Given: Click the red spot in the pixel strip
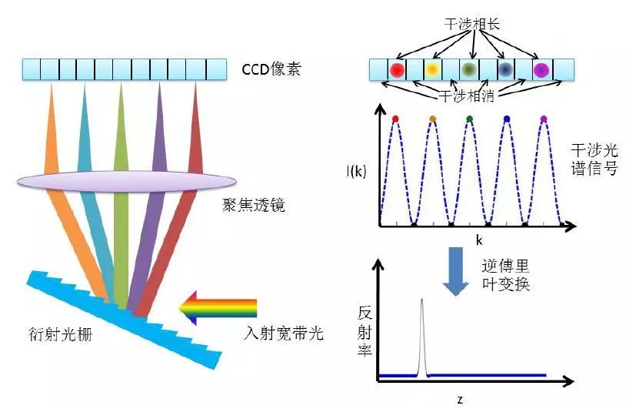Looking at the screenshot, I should [x=397, y=70].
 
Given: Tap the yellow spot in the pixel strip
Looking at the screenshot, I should [x=433, y=70].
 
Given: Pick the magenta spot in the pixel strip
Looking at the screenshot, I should [x=542, y=70].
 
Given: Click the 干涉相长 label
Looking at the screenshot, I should [x=470, y=24].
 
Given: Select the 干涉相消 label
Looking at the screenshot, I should [x=468, y=98].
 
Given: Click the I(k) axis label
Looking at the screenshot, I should [x=355, y=171].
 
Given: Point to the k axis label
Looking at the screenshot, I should [x=478, y=240].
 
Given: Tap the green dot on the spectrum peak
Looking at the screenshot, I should [x=469, y=119].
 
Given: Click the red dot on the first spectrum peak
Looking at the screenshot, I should [x=395, y=119].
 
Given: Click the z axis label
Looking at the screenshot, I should [x=459, y=400].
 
